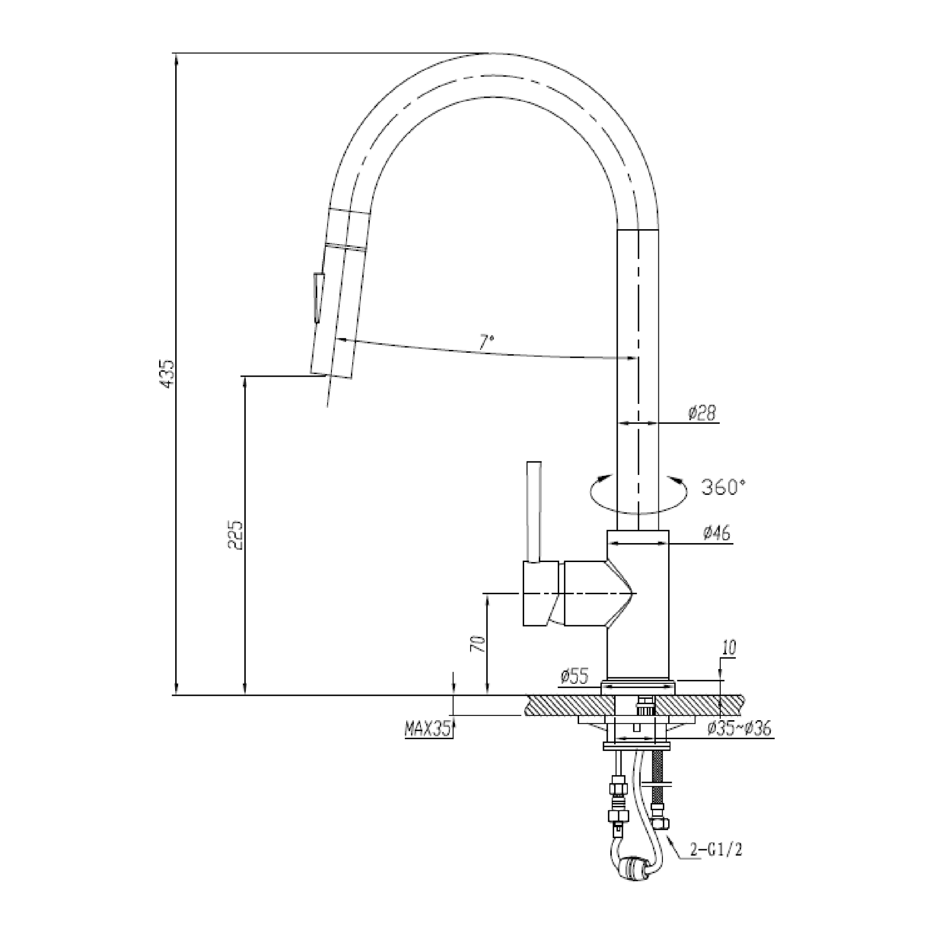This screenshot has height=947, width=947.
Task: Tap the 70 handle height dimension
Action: tap(478, 644)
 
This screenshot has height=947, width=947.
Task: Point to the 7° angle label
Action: tap(487, 343)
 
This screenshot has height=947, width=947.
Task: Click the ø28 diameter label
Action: tap(702, 414)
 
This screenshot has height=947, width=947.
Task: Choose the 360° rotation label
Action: tap(724, 487)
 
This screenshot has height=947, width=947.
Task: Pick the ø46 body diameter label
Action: tap(716, 533)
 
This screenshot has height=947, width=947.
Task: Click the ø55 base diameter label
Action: tap(574, 677)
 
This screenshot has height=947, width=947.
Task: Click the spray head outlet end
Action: tap(331, 376)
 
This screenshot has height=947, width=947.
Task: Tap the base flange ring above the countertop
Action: tap(638, 686)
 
